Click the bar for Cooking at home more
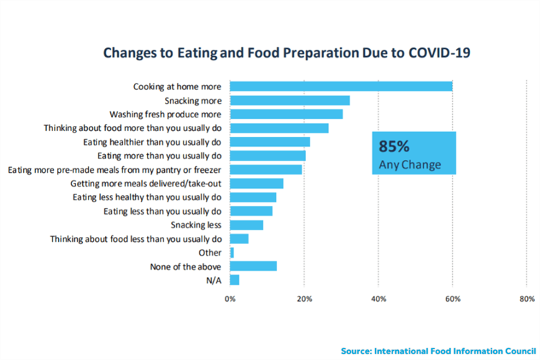coord(341,86)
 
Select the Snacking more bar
coord(289,100)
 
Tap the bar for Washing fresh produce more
coord(286,114)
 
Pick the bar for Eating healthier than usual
coord(269,142)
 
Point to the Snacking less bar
coord(246,225)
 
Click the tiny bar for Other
coord(232,253)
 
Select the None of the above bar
coord(253,266)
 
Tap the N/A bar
coord(234,280)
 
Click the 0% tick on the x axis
coord(230,299)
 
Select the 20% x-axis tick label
coord(304,299)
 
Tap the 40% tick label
coord(379,299)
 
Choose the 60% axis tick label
coord(453,299)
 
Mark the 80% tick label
coord(526,299)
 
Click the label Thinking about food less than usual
coord(135,238)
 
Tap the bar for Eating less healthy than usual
coord(253,197)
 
